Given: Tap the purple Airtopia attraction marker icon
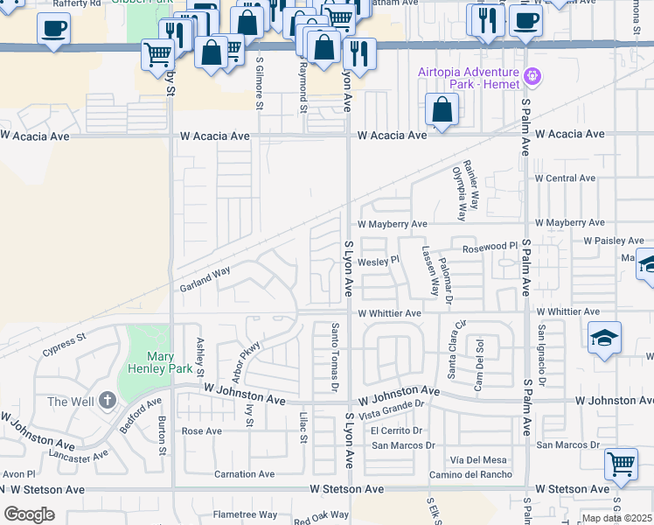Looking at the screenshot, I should (x=533, y=78).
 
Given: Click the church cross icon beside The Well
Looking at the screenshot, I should (x=108, y=401).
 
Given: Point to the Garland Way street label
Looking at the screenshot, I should (x=205, y=279).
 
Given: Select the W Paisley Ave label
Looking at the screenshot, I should (x=613, y=240).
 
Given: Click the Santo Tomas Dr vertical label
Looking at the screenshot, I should (x=334, y=356).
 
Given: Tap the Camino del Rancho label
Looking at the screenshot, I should (x=470, y=475).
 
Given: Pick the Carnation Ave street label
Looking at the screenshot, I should (x=245, y=474).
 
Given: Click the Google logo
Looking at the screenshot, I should (x=29, y=514).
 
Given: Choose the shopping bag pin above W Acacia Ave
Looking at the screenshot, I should (x=442, y=110).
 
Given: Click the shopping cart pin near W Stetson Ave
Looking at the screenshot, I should (x=621, y=464).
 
